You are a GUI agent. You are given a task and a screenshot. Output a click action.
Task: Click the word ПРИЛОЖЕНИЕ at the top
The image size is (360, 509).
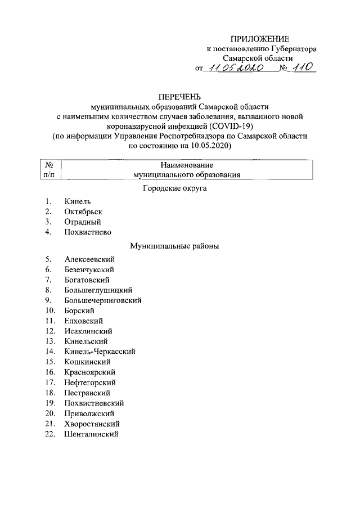[259, 39]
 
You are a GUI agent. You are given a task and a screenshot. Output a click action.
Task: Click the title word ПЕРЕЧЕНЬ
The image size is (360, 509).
[179, 96]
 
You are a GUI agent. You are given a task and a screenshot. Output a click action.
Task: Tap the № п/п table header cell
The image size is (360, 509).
[49, 170]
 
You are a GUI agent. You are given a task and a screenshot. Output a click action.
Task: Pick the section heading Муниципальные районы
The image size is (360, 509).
[174, 246]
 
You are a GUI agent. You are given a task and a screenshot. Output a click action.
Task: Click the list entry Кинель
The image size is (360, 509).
[78, 201]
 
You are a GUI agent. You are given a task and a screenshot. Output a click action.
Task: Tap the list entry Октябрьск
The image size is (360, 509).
[83, 211]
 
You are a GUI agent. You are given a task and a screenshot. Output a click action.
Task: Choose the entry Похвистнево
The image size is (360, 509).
[88, 232]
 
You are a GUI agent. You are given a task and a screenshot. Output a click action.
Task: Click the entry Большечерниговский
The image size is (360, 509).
[102, 300]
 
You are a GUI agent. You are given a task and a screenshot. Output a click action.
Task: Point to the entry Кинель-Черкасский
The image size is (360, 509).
[100, 352]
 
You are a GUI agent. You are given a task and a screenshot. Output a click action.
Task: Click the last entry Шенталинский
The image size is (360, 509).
[91, 434]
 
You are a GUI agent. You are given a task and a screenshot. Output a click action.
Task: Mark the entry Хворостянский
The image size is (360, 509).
[92, 424]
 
